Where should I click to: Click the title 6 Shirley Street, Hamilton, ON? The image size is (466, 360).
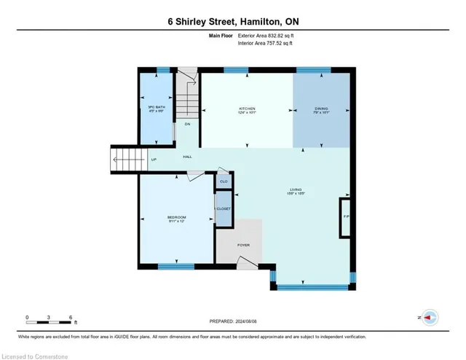pyautogui.click(x=232, y=22)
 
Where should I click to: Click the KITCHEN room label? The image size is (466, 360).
pyautogui.click(x=246, y=109)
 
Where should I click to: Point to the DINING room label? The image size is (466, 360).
pyautogui.click(x=321, y=109)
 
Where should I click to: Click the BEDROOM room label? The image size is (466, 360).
pyautogui.click(x=176, y=217)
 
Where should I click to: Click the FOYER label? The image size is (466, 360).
pyautogui.click(x=243, y=245)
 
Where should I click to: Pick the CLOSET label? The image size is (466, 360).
pyautogui.click(x=224, y=209)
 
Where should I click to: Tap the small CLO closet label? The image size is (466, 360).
pyautogui.click(x=224, y=181)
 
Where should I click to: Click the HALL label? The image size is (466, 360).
pyautogui.click(x=187, y=157)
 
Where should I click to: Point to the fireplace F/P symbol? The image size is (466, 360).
pyautogui.click(x=345, y=216)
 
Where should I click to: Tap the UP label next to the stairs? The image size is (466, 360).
pyautogui.click(x=154, y=160)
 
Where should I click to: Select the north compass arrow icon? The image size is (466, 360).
pyautogui.click(x=430, y=318)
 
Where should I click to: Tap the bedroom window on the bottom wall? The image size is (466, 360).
pyautogui.click(x=175, y=266)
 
